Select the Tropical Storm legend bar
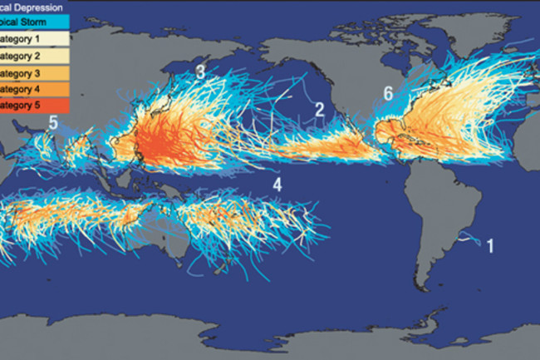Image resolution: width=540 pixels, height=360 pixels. coord(33,21)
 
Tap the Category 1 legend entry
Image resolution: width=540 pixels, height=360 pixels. coord(33,38)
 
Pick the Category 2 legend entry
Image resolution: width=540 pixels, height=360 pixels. coord(33,55)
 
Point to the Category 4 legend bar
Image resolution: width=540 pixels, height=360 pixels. coord(33,89)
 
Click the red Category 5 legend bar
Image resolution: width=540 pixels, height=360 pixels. coord(33,106)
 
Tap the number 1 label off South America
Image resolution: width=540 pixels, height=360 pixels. coord(490,246)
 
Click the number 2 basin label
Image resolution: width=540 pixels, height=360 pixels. coord(319,109)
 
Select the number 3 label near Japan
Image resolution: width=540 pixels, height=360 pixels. coord(200,72)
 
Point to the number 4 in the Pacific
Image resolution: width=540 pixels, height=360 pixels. coord(277,185)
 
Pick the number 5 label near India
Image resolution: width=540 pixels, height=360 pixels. coord(52,123)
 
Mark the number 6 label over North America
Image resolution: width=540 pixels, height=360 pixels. coord(388,93)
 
